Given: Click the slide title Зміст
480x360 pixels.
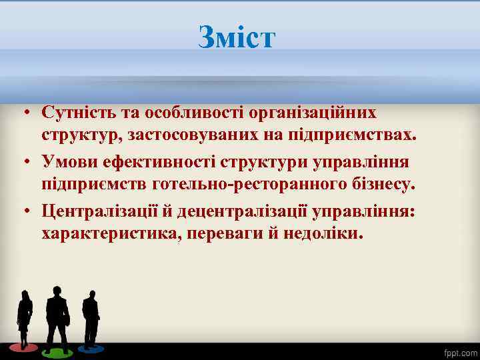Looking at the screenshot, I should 236,37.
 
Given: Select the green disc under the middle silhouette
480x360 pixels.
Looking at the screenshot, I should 57,349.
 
